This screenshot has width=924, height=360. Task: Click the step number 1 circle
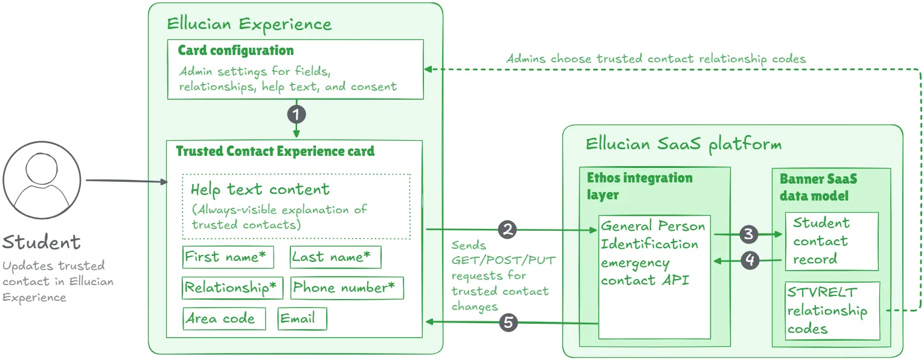pyautogui.click(x=296, y=114)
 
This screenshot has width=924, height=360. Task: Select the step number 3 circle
pyautogui.click(x=749, y=234)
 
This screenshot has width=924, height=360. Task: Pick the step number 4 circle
pyautogui.click(x=749, y=260)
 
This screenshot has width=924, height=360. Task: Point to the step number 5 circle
pyautogui.click(x=509, y=323)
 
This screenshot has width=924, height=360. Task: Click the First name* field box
pyautogui.click(x=228, y=257)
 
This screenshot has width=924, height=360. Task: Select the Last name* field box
pyautogui.click(x=335, y=257)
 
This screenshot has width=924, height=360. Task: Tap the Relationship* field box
pyautogui.click(x=233, y=288)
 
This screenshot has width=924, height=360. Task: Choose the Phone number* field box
pyautogui.click(x=347, y=288)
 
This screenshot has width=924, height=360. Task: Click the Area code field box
pyautogui.click(x=224, y=319)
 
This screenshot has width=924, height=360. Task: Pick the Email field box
pyautogui.click(x=303, y=319)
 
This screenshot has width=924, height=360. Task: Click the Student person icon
pyautogui.click(x=42, y=181)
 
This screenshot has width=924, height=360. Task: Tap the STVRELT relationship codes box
pyautogui.click(x=832, y=310)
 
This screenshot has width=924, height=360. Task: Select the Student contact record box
pyautogui.click(x=831, y=241)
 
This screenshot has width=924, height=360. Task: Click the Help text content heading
pyautogui.click(x=260, y=190)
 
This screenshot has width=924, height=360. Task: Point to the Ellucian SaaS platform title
pyautogui.click(x=683, y=144)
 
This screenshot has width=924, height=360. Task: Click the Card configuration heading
pyautogui.click(x=236, y=51)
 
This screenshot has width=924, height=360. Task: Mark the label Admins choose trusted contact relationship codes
pyautogui.click(x=656, y=59)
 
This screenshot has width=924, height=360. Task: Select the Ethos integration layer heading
pyautogui.click(x=640, y=186)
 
